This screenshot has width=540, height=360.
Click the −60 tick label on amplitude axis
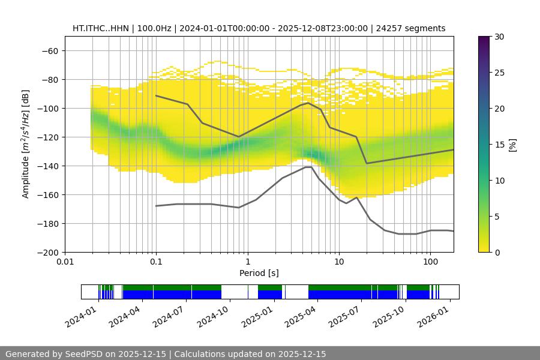click(49, 50)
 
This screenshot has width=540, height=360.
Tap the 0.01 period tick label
click(65, 262)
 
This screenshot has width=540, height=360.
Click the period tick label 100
click(430, 262)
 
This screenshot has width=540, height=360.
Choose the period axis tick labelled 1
click(247, 262)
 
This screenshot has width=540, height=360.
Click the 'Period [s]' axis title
click(259, 273)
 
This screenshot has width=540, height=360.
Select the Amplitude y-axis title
click(26, 144)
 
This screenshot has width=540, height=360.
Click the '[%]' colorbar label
click(512, 144)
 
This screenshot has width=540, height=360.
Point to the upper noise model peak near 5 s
click(308, 103)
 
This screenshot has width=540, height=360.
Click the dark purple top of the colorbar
click(484, 40)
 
